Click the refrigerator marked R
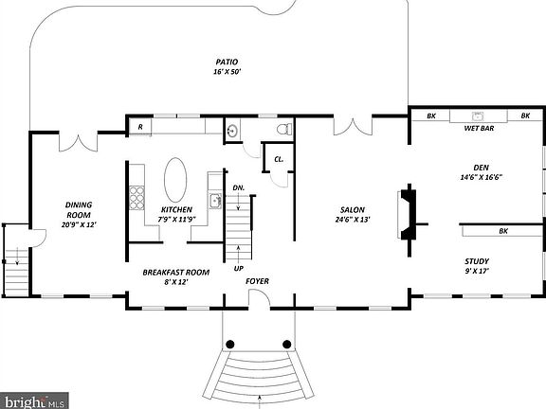click(x=140, y=126)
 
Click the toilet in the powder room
click(x=282, y=130)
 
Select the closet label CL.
click(x=279, y=159)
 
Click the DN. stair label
click(x=239, y=187)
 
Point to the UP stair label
click(x=238, y=268)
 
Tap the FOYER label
click(x=257, y=281)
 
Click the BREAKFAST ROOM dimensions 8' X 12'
click(x=176, y=282)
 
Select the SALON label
click(x=353, y=209)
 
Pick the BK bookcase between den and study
click(x=501, y=230)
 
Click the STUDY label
click(x=476, y=261)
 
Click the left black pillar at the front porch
click(x=230, y=344)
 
